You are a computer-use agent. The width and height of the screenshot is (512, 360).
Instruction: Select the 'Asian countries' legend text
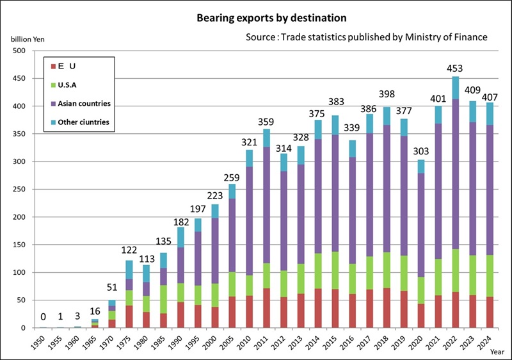point(85,103)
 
